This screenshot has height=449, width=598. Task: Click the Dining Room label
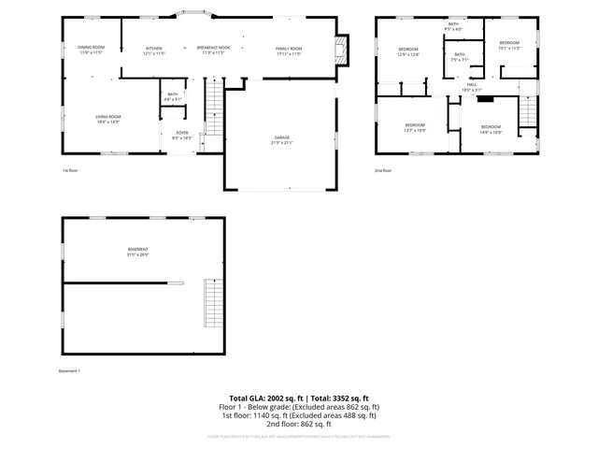pyautogui.click(x=91, y=50)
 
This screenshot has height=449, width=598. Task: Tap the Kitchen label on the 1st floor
pyautogui.click(x=153, y=50)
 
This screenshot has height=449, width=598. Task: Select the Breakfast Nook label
pyautogui.click(x=213, y=50)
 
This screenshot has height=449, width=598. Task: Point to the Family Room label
pyautogui.click(x=289, y=50)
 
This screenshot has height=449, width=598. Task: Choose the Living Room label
pyautogui.click(x=108, y=118)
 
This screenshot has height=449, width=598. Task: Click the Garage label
pyautogui.click(x=281, y=139)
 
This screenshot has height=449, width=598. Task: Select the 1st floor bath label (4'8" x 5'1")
pyautogui.click(x=173, y=95)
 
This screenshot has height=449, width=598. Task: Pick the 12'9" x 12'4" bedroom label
pyautogui.click(x=409, y=51)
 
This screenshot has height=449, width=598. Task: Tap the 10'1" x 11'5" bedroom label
pyautogui.click(x=508, y=45)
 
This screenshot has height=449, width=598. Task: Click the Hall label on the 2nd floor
pyautogui.click(x=473, y=86)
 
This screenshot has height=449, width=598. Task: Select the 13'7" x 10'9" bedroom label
pyautogui.click(x=415, y=127)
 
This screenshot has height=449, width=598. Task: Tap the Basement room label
pyautogui.click(x=138, y=252)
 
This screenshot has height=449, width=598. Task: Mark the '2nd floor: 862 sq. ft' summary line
pyautogui.click(x=299, y=424)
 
